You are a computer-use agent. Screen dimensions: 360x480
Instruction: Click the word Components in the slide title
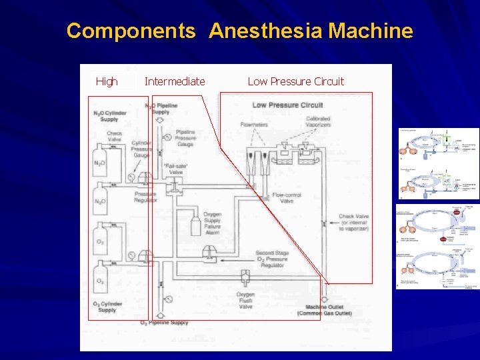click(x=131, y=31)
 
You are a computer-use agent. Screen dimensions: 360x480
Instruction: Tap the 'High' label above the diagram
click(x=107, y=81)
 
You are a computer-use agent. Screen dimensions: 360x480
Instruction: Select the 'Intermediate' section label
click(x=175, y=81)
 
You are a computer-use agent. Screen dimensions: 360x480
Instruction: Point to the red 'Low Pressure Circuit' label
click(x=295, y=81)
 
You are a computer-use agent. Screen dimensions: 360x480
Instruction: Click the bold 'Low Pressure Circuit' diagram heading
click(x=287, y=105)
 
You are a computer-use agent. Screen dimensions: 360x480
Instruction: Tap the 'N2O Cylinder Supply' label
click(x=109, y=117)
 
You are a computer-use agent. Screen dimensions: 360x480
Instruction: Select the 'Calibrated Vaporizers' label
click(x=317, y=123)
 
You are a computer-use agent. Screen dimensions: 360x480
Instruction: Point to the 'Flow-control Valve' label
click(x=287, y=199)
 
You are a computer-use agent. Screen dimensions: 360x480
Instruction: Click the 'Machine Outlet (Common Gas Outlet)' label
click(x=323, y=311)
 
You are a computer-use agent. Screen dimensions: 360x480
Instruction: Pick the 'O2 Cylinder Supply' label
click(x=107, y=307)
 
